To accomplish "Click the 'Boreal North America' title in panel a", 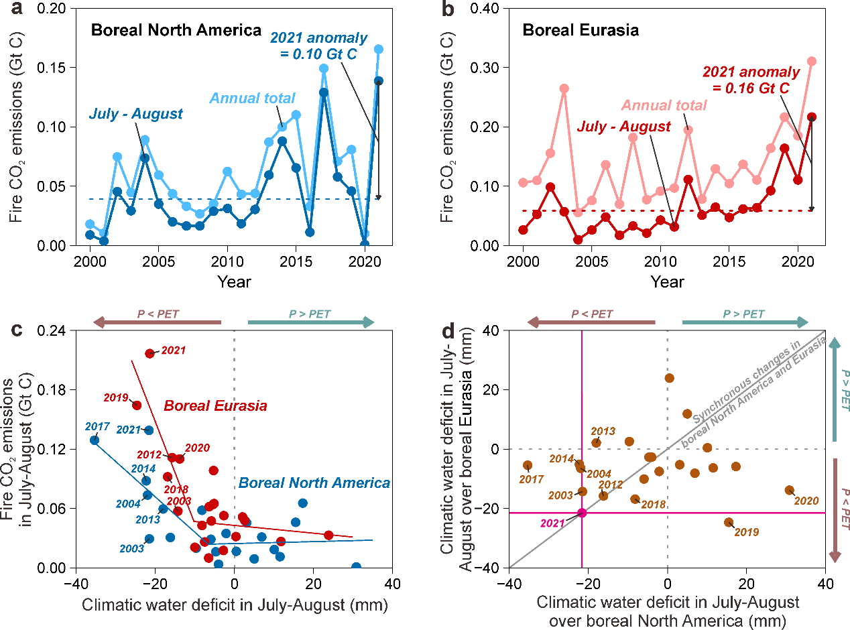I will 176,30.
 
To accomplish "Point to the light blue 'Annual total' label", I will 252,99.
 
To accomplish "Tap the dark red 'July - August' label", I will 624,127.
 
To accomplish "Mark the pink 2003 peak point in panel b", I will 564,88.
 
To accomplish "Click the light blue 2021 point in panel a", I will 378,49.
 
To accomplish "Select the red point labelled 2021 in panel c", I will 149,353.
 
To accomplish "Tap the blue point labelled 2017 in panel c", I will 95,440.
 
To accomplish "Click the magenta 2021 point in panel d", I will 582,513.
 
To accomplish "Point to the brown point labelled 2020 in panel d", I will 789,490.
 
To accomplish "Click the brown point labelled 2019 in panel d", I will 729,522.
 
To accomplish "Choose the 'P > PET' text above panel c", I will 310,313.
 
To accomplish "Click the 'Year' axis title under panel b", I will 668,281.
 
